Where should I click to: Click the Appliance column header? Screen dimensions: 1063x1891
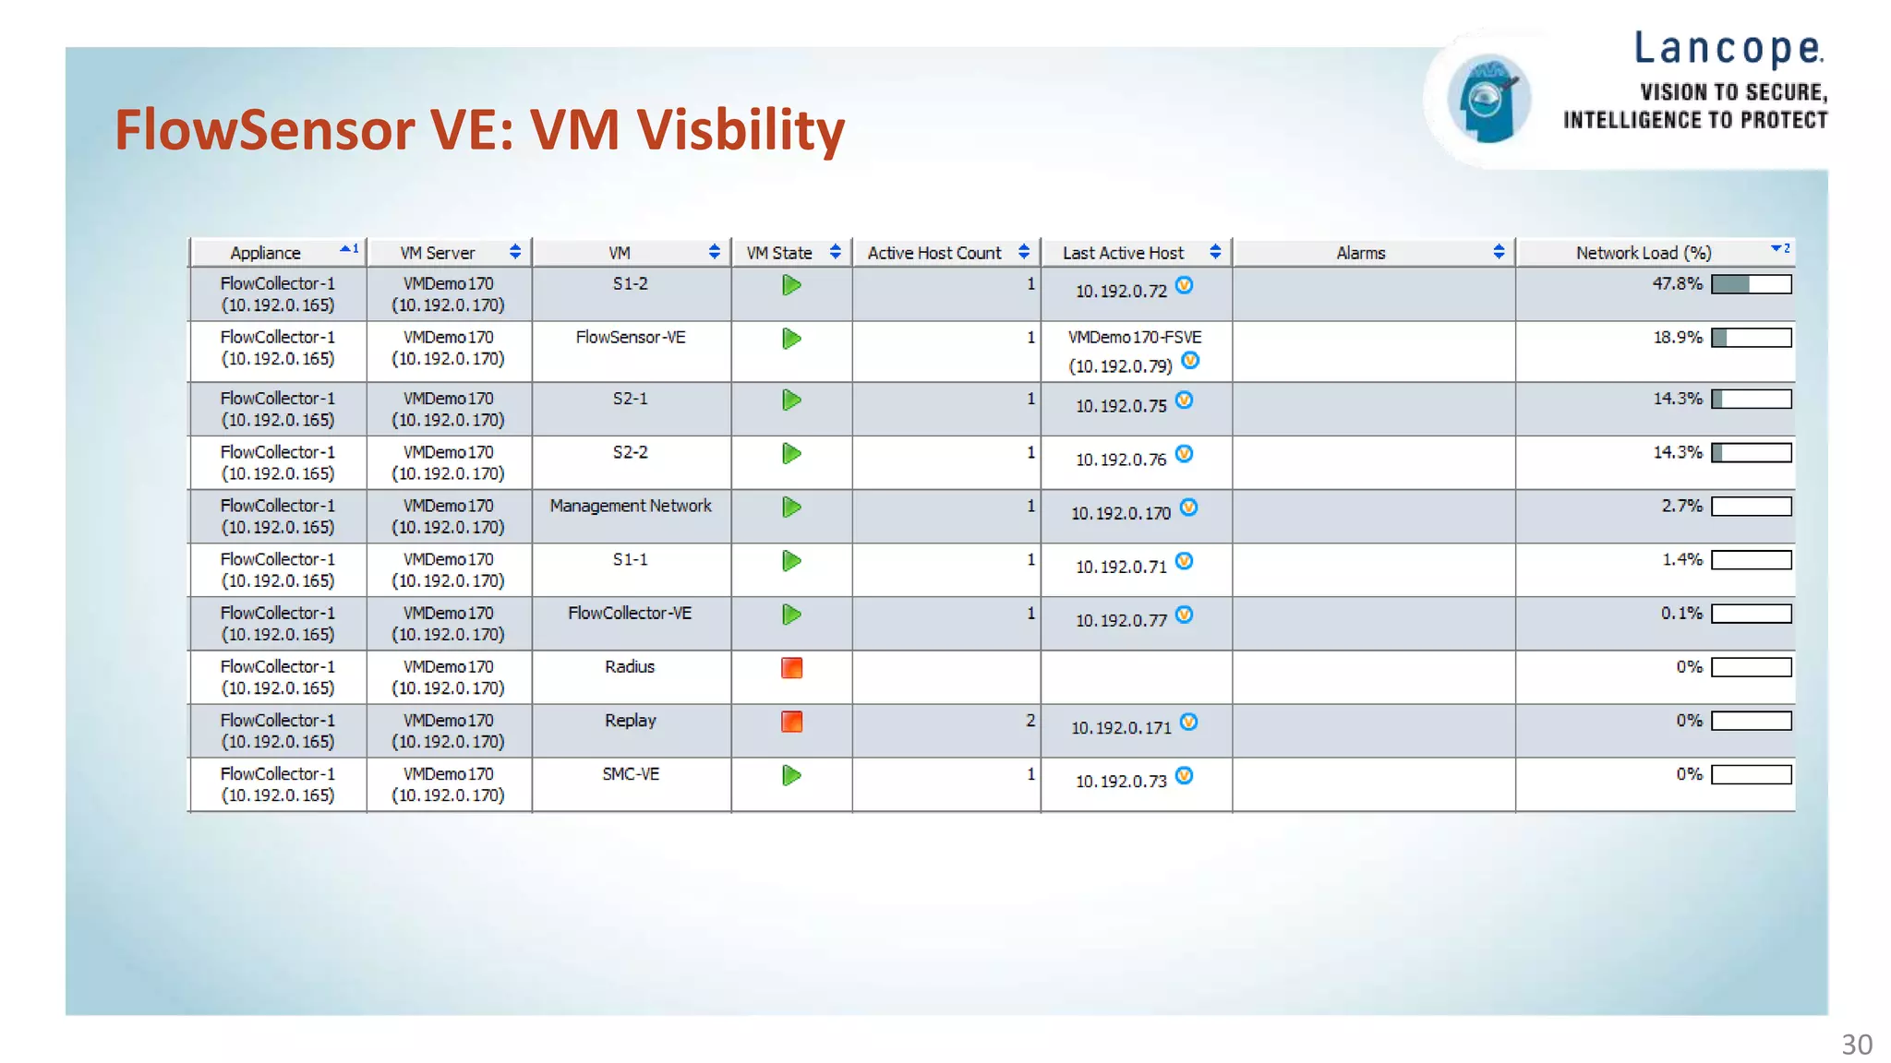tap(266, 253)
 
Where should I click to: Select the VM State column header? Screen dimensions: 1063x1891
tap(779, 253)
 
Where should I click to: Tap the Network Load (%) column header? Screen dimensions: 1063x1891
tap(1644, 253)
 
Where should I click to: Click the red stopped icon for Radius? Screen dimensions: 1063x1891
tap(791, 668)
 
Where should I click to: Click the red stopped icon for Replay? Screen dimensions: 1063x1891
tap(791, 722)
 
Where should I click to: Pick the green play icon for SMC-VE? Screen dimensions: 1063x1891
tap(791, 775)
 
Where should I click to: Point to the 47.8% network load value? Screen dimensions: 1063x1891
tap(1677, 284)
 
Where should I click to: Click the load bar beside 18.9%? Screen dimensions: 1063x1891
tap(1751, 338)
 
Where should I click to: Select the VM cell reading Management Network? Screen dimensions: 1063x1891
tap(631, 506)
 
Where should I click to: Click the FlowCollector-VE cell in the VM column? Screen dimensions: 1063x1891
tap(630, 614)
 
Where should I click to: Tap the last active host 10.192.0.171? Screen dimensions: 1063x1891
tap(1121, 728)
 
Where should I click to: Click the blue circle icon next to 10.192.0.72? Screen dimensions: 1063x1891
tap(1185, 285)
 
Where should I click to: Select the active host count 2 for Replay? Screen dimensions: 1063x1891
tap(1030, 721)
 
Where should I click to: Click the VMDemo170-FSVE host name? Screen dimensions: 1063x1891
tap(1135, 338)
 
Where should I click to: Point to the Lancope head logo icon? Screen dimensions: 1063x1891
tap(1488, 99)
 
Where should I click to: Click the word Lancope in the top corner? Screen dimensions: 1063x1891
tap(1728, 49)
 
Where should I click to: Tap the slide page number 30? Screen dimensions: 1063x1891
tap(1857, 1045)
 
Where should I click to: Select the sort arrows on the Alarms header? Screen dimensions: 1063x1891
tap(1499, 252)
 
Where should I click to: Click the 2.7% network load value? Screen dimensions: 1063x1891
tap(1681, 507)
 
